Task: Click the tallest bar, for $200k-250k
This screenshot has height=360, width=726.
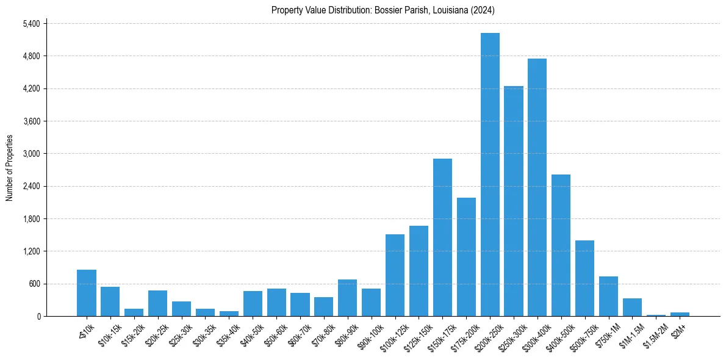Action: point(490,175)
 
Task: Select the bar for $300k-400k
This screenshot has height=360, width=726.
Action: point(537,187)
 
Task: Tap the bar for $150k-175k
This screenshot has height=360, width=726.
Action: point(442,237)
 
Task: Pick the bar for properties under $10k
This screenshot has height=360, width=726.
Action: point(87,293)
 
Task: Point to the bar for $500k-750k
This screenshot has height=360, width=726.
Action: point(584,278)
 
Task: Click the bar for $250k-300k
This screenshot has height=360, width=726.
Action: point(514,201)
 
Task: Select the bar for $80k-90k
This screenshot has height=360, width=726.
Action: point(347,298)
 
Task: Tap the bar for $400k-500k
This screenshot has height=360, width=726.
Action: point(561,245)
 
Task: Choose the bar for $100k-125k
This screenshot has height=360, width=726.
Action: point(395,275)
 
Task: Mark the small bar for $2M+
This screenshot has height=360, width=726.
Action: point(680,314)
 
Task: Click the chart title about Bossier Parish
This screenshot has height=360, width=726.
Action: point(383,10)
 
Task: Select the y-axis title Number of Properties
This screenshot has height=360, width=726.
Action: point(10,168)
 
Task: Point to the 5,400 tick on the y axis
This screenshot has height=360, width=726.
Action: point(31,24)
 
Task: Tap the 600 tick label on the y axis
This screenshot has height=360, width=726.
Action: point(34,284)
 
